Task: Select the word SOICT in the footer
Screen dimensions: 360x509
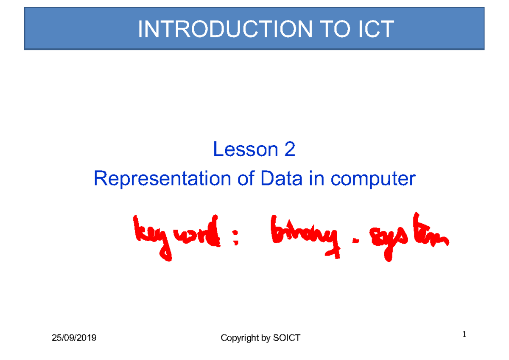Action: [287, 338]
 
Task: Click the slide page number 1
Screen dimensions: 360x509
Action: [464, 335]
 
